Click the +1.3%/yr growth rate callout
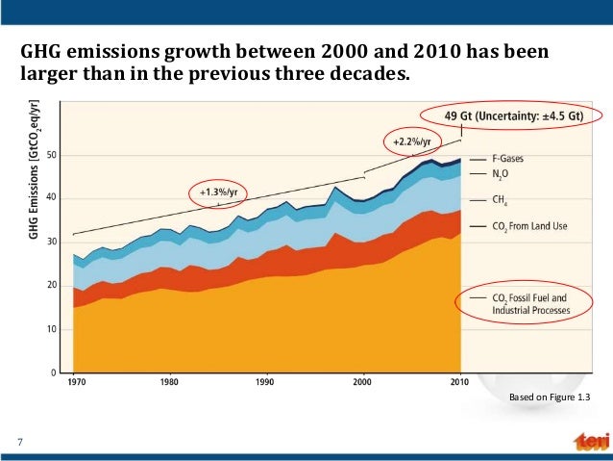(x=217, y=192)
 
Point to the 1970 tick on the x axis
(x=73, y=381)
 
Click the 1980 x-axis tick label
(x=169, y=381)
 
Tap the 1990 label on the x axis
(x=265, y=381)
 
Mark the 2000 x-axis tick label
(x=362, y=381)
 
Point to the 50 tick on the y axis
(x=52, y=155)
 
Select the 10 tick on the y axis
(x=52, y=329)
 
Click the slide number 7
(x=19, y=442)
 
